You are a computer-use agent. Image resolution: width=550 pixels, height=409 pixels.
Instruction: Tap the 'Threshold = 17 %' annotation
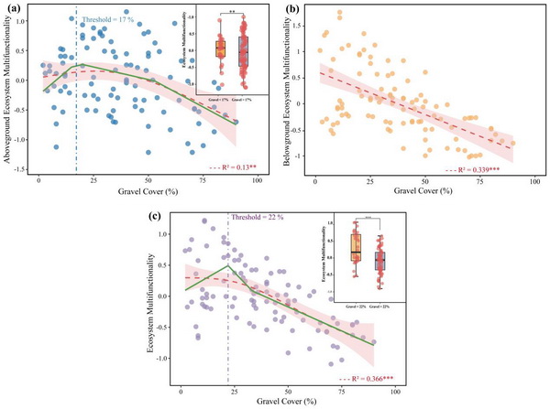(111, 18)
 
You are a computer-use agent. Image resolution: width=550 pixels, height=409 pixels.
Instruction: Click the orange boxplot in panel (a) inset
(220, 49)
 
